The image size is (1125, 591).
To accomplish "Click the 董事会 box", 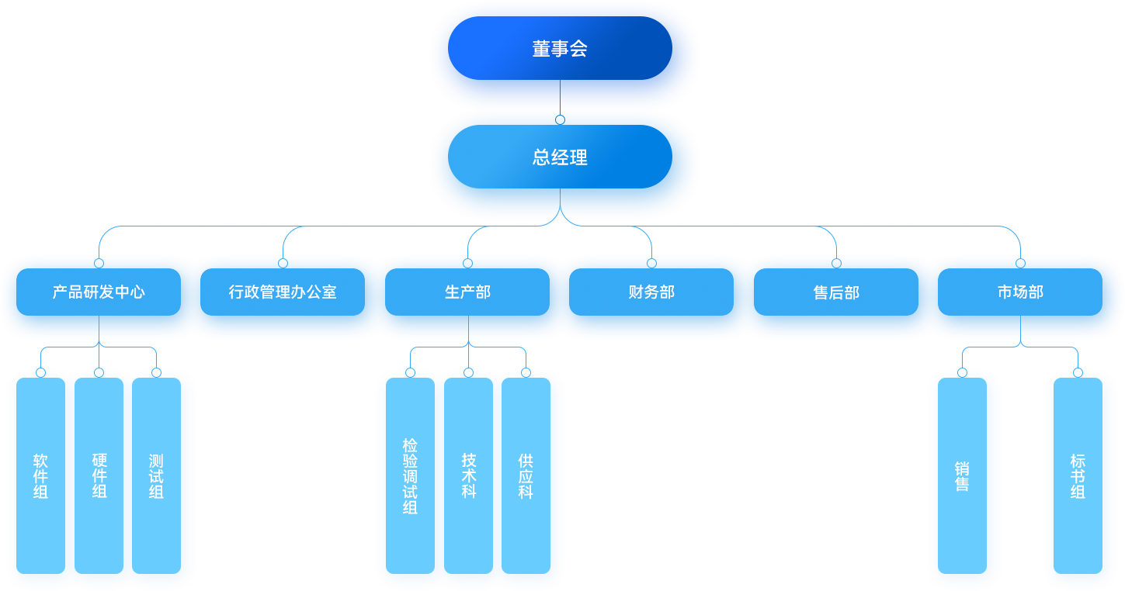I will click(x=560, y=48).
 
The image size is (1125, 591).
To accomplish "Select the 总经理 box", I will click(x=560, y=157).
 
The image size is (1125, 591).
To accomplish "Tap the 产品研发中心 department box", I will click(x=99, y=292).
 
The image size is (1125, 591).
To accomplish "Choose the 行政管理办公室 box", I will click(x=283, y=292).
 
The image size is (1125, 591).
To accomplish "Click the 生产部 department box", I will click(x=467, y=292).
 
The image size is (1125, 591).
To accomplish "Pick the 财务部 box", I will click(x=651, y=292).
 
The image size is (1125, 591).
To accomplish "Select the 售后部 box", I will click(x=836, y=292).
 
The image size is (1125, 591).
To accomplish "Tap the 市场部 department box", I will click(x=1020, y=292).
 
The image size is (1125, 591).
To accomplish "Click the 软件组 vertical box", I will click(x=40, y=475).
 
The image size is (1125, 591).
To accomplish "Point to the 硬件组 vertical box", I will click(x=99, y=475).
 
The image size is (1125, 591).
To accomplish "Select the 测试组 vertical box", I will click(x=156, y=475).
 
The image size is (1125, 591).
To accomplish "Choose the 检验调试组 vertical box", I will click(x=410, y=475).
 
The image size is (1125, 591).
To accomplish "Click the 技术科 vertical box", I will click(x=468, y=475).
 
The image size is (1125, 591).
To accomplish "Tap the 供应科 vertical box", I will click(x=526, y=475).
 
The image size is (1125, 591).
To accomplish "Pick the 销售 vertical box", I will click(x=962, y=475).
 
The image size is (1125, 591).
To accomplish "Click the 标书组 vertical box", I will click(x=1078, y=475).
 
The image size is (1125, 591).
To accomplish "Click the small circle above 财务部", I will click(x=651, y=263).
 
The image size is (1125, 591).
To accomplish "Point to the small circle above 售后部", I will click(x=836, y=263).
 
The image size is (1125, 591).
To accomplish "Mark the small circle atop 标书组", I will click(x=1078, y=372).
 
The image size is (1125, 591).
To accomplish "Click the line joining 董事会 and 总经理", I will click(x=560, y=102).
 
